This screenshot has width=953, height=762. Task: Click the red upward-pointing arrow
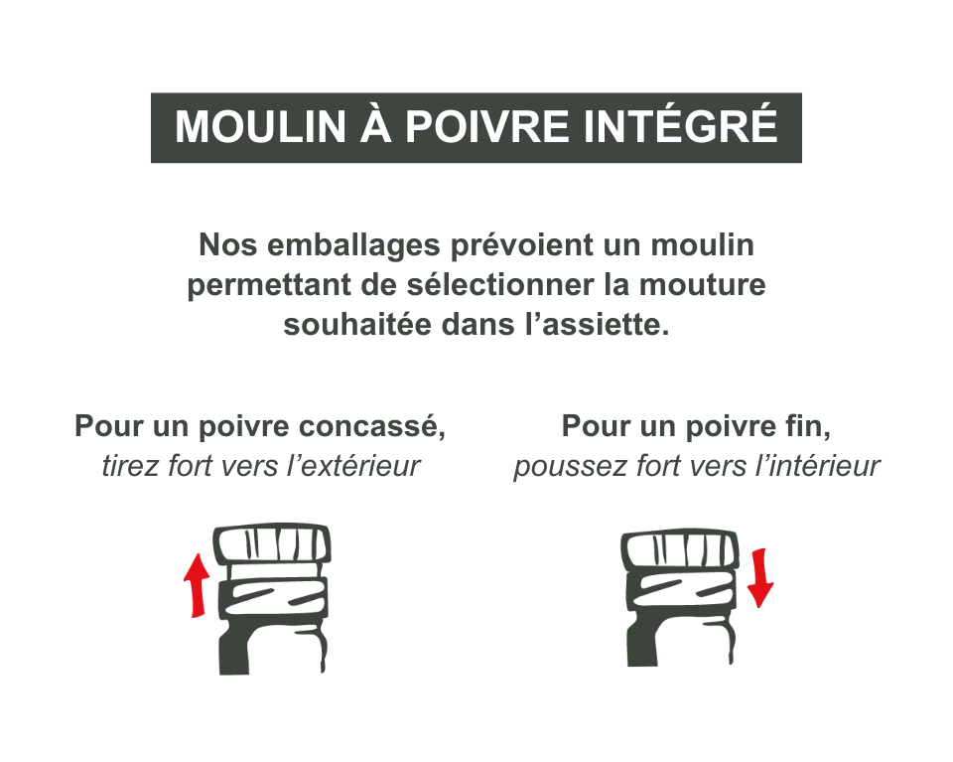198,585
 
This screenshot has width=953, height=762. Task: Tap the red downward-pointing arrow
759,576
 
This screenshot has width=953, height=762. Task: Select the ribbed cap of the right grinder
680,549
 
